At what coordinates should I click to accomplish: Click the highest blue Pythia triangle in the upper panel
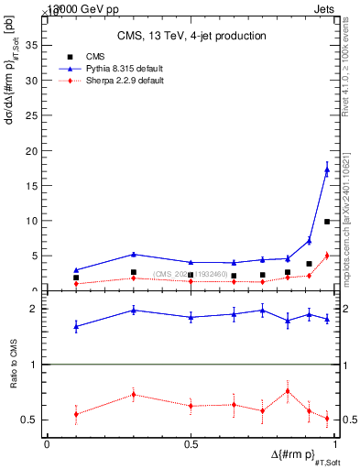coord(327,169)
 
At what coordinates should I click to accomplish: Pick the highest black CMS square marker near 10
coord(327,222)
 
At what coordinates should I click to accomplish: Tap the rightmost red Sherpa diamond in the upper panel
coord(327,256)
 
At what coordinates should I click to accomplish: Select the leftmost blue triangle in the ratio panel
coord(76,326)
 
